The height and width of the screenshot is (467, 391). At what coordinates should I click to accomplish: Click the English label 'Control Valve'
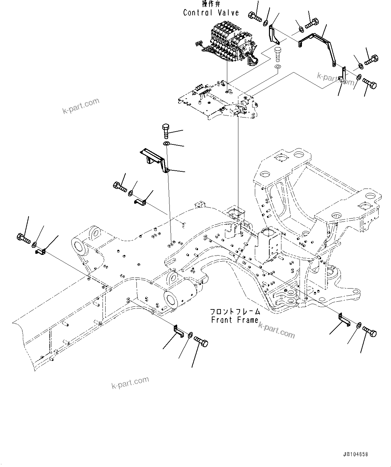pos(211,13)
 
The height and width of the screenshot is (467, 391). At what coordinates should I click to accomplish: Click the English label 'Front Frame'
pos(235,320)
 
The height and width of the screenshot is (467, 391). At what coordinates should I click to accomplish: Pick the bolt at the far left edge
pos(23,238)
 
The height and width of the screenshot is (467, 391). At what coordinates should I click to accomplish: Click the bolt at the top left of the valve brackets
pos(255,16)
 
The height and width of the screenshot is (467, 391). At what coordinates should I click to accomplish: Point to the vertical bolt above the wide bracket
pos(166,131)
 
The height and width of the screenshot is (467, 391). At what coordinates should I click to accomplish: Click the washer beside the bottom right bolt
pos(359,325)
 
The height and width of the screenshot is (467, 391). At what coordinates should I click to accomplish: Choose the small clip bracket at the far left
pos(40,251)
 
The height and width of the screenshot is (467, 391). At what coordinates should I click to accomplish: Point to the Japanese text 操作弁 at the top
pos(211,4)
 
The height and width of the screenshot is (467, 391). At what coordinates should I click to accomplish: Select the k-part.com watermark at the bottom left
pos(130,382)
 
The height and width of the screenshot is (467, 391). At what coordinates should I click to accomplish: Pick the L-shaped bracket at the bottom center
pos(178,330)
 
